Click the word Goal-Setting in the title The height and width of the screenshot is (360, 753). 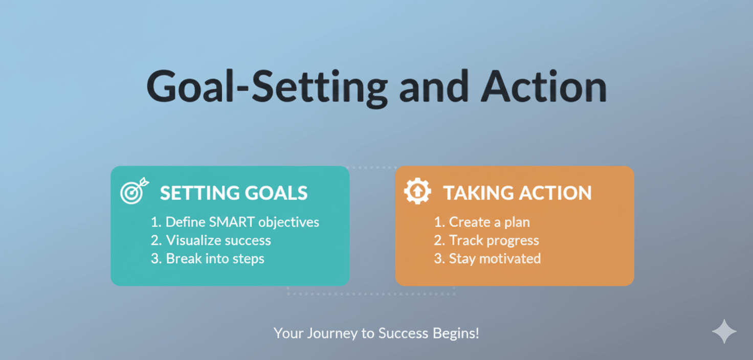coord(267,88)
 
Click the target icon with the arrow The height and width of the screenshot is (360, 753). coord(135,191)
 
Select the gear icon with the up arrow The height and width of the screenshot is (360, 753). coord(417,191)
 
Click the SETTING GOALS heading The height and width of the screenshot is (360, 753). coord(234,193)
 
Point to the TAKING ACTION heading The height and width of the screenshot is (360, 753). coord(517,193)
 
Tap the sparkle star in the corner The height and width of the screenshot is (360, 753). coord(724,331)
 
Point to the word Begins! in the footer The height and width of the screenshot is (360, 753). coord(455,333)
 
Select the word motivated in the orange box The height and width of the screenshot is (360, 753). coord(510,258)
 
